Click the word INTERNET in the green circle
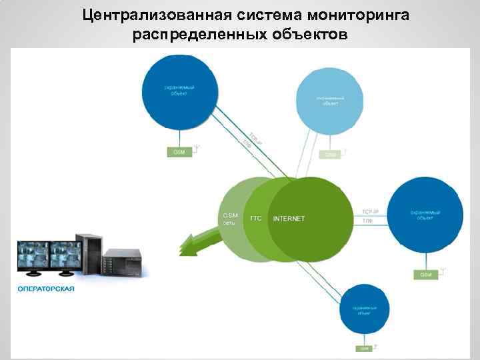(289, 219)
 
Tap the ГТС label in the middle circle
(256, 218)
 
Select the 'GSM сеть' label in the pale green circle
(231, 219)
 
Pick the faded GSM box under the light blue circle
(331, 154)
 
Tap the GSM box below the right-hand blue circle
(425, 275)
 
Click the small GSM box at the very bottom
(364, 348)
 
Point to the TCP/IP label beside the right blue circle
(370, 211)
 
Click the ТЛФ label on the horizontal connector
(367, 220)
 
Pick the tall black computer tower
(89, 254)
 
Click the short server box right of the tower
(123, 262)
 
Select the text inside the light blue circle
(330, 101)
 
